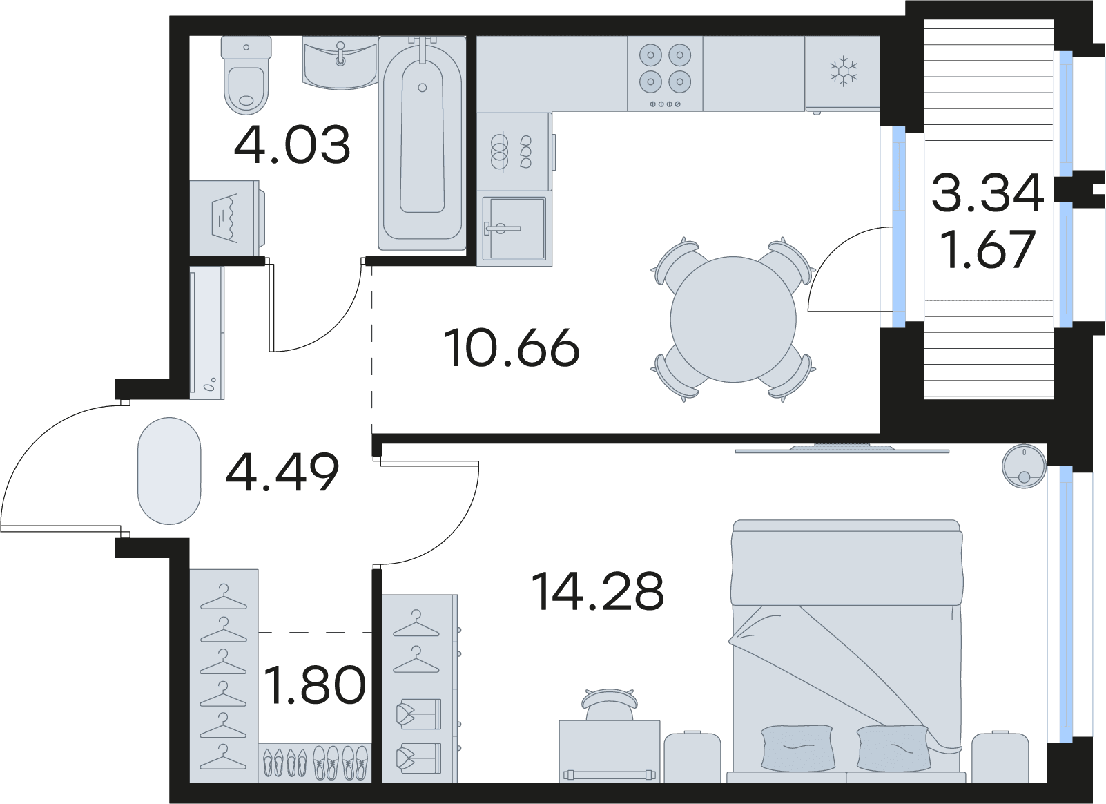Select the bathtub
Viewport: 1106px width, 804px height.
point(422,143)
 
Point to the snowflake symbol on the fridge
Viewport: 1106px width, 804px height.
point(844,70)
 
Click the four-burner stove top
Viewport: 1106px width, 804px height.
point(665,73)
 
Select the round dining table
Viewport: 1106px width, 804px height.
point(733,319)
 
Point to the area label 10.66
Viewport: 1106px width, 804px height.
point(512,347)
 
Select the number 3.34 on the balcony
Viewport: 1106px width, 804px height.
point(987,193)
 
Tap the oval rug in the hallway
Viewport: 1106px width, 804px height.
point(169,471)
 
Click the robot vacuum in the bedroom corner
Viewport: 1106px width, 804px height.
point(1024,466)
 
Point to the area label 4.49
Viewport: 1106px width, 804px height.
point(282,472)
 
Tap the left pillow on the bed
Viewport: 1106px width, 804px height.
point(798,747)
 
